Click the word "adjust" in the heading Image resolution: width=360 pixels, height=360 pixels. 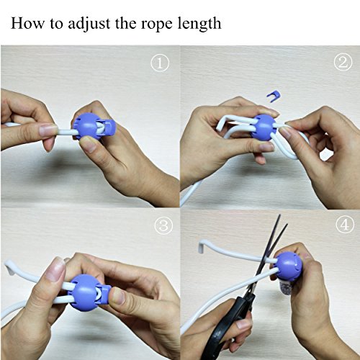[89, 24]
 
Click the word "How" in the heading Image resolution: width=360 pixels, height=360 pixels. [27, 23]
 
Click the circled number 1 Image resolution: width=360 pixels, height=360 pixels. [160, 63]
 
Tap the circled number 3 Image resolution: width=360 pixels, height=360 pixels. [163, 226]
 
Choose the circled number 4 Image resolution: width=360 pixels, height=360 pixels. [345, 225]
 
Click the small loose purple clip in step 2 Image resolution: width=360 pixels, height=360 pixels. [273, 94]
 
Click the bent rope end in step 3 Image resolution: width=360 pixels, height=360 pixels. [9, 266]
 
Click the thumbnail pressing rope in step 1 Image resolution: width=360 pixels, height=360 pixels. [48, 130]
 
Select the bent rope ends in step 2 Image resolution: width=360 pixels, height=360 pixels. [222, 122]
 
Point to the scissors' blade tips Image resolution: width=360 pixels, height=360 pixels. [283, 220]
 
